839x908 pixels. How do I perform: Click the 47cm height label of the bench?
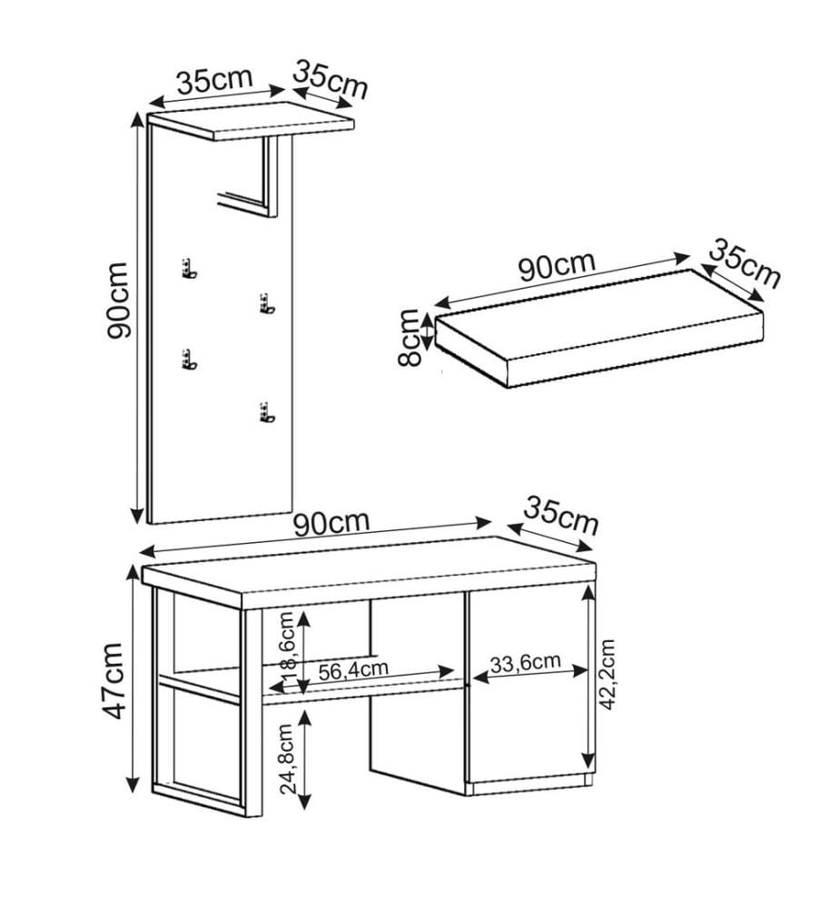113,680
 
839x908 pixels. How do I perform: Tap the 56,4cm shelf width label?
353,669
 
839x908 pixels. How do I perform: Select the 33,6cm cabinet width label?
526,662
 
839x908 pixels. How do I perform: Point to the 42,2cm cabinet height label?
607,675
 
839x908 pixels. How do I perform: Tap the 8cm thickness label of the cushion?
410,338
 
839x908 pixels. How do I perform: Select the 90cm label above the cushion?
557,266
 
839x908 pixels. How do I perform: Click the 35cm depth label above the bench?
560,515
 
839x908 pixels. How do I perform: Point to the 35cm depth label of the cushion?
744,264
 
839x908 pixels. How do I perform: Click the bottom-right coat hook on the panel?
266,412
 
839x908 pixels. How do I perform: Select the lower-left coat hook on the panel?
189,360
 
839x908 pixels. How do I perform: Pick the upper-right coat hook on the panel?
266,304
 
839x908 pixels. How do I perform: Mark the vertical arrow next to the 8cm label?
428,331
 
